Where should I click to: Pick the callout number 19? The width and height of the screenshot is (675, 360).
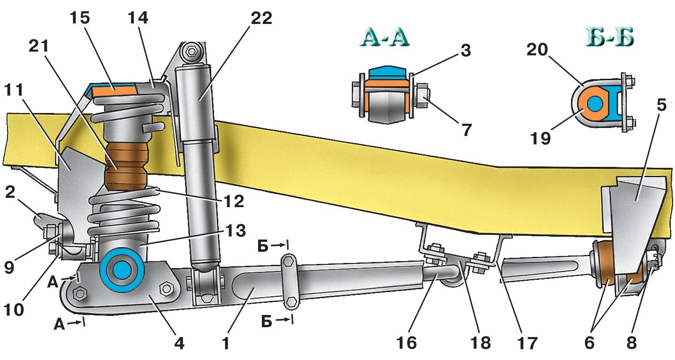point(541,139)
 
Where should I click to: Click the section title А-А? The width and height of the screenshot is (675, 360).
point(385,38)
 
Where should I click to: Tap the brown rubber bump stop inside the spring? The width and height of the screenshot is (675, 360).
point(125,167)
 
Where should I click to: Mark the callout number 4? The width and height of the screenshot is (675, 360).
point(178,344)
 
